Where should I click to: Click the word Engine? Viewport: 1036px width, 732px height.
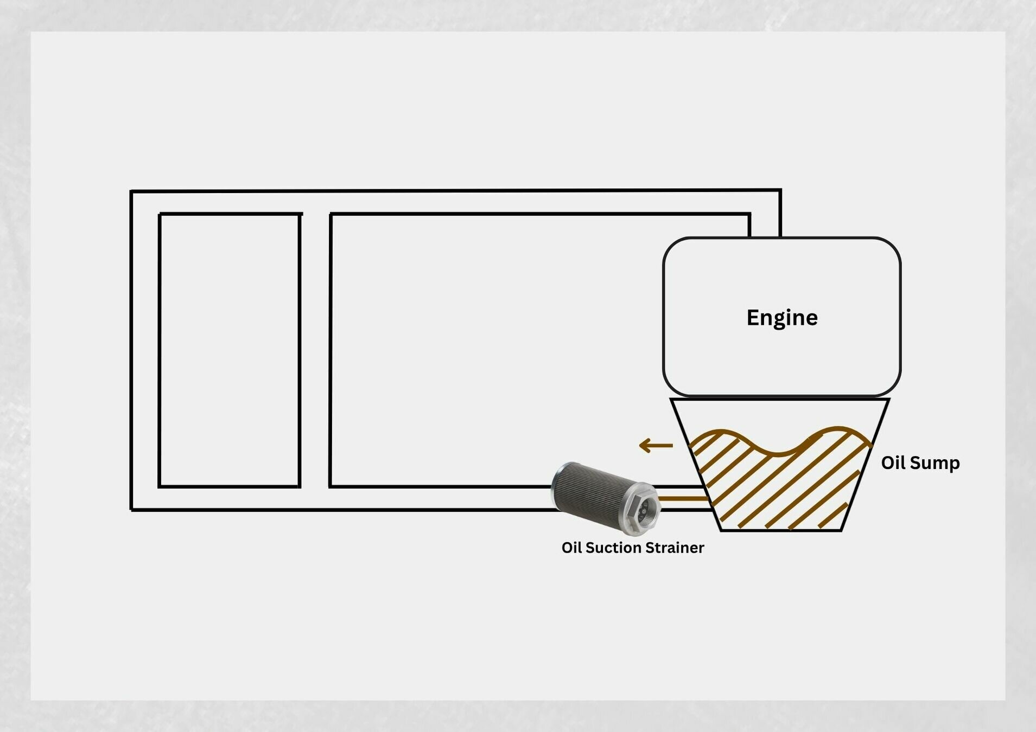click(781, 318)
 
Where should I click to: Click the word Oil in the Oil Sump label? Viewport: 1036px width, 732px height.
click(893, 463)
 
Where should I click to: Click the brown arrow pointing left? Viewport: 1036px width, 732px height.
click(656, 446)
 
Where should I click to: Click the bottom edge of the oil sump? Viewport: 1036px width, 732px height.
click(781, 530)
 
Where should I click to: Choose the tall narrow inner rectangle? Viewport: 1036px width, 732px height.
click(230, 350)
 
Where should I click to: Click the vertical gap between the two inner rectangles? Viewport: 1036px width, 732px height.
click(315, 350)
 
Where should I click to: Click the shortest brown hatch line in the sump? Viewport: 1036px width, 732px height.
click(832, 516)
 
